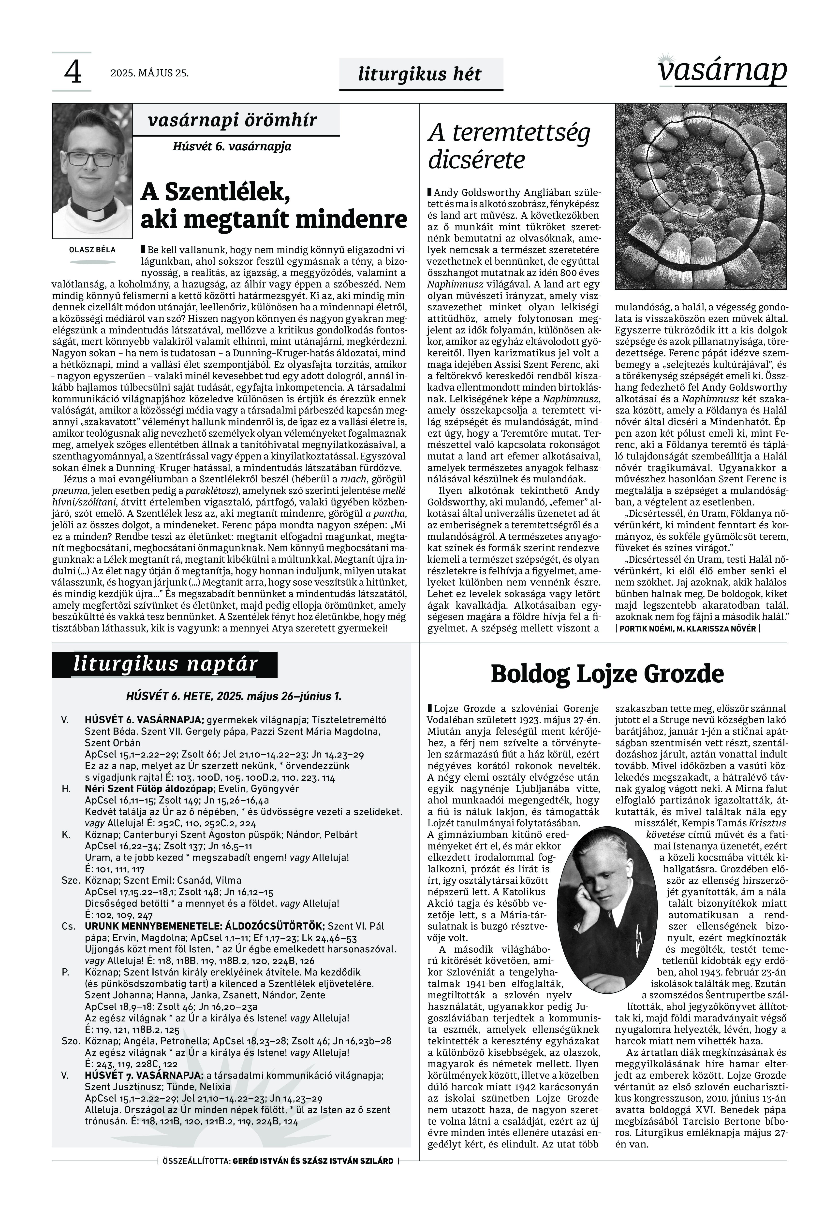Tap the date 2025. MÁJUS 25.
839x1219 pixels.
(149, 73)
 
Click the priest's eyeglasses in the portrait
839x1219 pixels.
(91, 159)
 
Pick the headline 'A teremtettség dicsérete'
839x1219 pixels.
(509, 146)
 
